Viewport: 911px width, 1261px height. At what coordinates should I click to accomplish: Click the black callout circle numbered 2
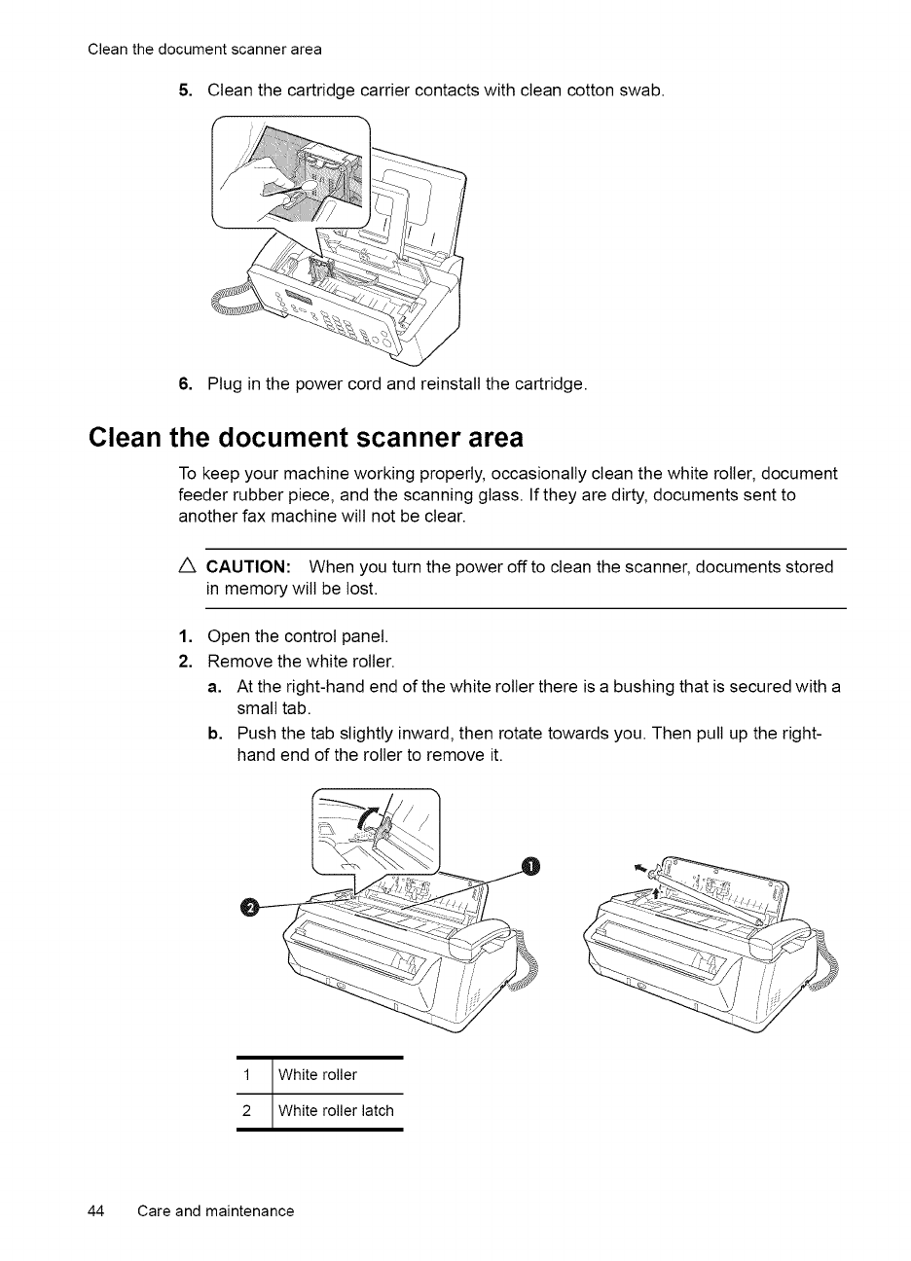click(x=249, y=907)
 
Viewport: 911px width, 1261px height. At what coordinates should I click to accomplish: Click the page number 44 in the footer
click(x=95, y=1210)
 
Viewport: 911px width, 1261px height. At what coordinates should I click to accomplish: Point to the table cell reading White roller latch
click(x=336, y=1110)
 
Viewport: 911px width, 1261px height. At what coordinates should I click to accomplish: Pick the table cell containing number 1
click(x=248, y=1074)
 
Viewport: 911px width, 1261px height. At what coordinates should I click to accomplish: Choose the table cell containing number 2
click(x=247, y=1110)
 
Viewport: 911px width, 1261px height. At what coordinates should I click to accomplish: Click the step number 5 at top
click(x=185, y=90)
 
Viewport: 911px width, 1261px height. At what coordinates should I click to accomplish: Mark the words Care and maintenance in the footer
click(x=215, y=1210)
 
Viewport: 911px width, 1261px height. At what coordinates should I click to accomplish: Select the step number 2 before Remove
click(x=185, y=663)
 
